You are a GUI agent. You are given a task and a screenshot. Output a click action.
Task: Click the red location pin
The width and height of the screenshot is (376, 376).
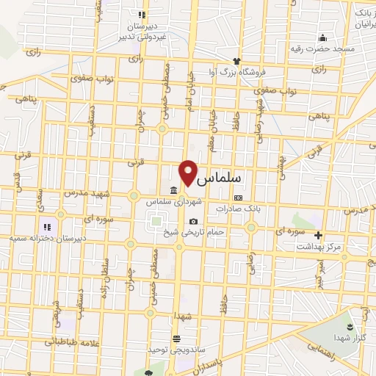click(189, 171)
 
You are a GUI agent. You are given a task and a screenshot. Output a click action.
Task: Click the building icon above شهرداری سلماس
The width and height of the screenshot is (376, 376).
click(173, 191)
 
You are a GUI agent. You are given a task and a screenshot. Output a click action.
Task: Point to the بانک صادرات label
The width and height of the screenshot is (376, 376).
click(234, 209)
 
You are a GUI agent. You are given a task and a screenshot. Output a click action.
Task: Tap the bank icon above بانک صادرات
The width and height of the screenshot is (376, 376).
click(238, 198)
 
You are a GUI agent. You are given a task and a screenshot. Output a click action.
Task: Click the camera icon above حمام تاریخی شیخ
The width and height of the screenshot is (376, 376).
click(193, 221)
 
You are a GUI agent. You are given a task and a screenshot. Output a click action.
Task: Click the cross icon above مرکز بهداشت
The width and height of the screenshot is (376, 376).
click(318, 236)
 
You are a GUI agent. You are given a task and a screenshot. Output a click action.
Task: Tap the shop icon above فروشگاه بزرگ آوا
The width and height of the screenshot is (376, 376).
click(236, 60)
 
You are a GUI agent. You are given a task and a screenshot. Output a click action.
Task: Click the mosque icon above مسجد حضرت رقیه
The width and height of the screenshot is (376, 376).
click(322, 37)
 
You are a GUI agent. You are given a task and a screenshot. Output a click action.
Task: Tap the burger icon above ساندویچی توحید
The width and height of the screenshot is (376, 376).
click(176, 339)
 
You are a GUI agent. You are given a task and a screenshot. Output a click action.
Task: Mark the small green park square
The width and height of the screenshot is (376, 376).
click(155, 219)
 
